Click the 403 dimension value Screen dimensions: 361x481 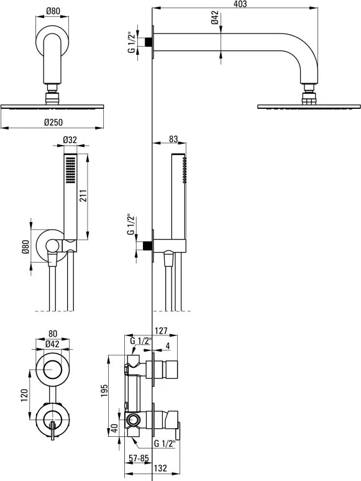click(240, 4)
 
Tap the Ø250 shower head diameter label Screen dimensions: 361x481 click(53, 122)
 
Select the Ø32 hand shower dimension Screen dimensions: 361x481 click(70, 140)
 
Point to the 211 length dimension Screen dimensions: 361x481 click(83, 196)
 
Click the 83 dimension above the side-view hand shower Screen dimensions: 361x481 click(173, 139)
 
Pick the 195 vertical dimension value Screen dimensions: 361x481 click(104, 390)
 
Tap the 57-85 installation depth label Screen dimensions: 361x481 click(139, 459)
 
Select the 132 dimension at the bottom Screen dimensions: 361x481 click(160, 468)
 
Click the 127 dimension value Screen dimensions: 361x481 click(161, 330)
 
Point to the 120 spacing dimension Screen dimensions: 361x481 click(25, 395)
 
